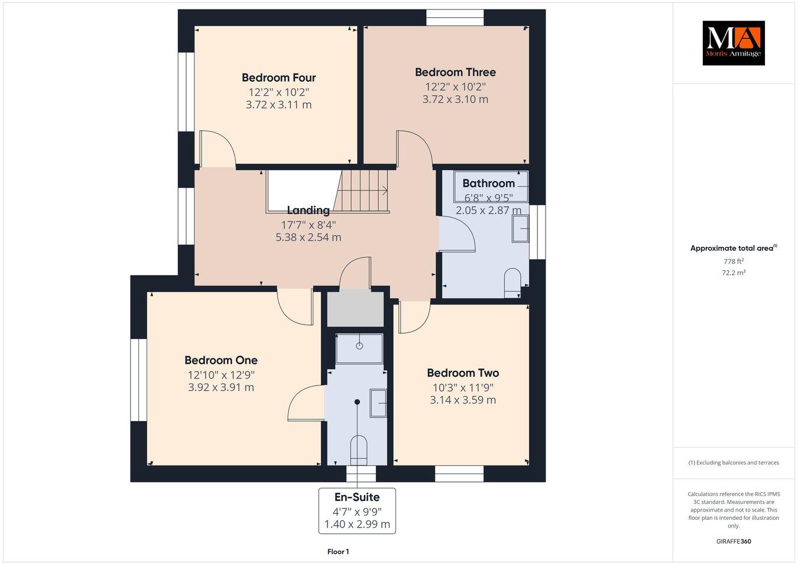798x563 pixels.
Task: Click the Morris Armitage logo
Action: click(x=733, y=43)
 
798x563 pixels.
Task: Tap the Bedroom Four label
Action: click(x=278, y=77)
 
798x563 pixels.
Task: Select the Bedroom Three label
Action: click(x=455, y=72)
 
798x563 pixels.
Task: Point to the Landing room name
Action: click(x=308, y=210)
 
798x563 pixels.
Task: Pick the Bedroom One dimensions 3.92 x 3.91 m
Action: click(x=220, y=387)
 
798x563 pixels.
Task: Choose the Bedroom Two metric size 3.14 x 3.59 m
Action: click(x=462, y=400)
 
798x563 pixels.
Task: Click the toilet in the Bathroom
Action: click(x=512, y=281)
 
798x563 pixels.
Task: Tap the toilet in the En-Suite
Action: click(x=358, y=448)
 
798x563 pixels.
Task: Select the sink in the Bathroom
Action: click(x=520, y=228)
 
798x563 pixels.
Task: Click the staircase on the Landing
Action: click(x=363, y=190)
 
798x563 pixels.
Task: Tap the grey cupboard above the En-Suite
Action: click(x=355, y=308)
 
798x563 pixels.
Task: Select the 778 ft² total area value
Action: click(x=733, y=261)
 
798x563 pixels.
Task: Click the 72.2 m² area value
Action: click(x=733, y=273)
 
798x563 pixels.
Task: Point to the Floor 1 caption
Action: click(x=338, y=552)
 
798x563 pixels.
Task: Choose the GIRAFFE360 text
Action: click(x=733, y=541)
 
